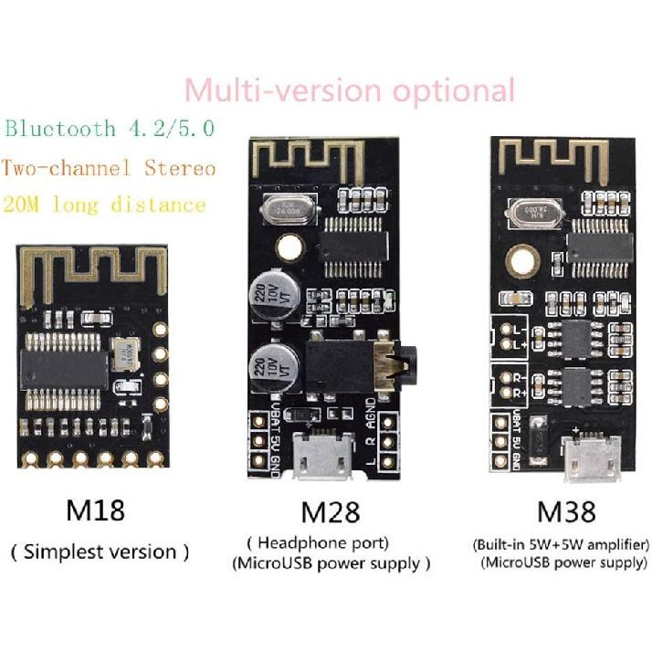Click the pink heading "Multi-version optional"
pyautogui.click(x=349, y=90)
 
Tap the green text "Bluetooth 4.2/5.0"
pyautogui.click(x=110, y=129)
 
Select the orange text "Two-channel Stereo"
pyautogui.click(x=109, y=169)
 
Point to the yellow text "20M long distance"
pyautogui.click(x=104, y=204)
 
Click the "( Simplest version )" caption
pyautogui.click(x=100, y=551)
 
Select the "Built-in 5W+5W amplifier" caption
pyautogui.click(x=561, y=544)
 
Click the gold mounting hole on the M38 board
pyautogui.click(x=527, y=260)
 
